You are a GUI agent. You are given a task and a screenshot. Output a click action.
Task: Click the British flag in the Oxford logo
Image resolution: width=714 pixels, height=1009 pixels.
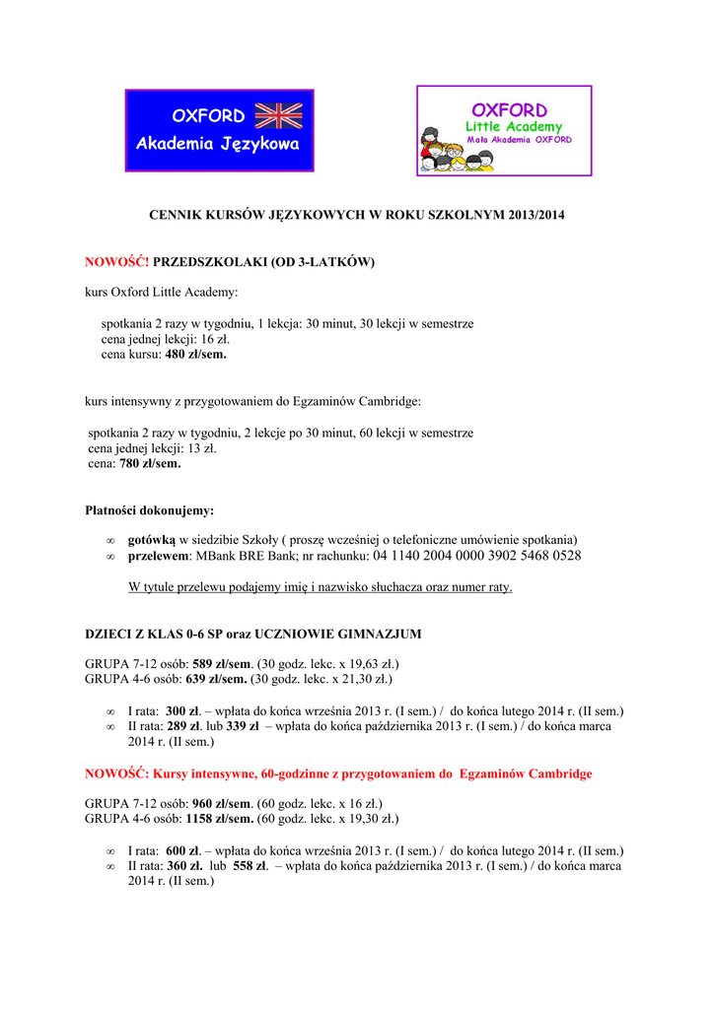tap(278, 115)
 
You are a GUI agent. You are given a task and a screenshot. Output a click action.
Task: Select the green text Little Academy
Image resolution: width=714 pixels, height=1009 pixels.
tap(514, 126)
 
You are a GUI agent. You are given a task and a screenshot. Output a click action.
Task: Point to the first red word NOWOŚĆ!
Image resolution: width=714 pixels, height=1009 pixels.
tap(116, 262)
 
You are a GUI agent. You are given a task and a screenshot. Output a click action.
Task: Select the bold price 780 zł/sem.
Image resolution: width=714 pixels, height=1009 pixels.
tap(150, 462)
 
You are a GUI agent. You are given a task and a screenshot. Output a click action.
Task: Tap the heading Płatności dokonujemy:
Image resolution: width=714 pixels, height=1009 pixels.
tap(150, 510)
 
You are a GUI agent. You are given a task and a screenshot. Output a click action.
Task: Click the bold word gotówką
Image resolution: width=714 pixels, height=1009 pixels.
tap(152, 540)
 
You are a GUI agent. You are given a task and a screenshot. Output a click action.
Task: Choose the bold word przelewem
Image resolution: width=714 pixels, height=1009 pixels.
tap(159, 556)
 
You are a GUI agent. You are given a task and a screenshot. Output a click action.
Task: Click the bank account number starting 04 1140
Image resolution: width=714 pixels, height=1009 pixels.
tap(477, 556)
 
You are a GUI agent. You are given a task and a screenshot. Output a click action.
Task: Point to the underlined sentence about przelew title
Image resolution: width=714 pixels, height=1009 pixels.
tap(321, 587)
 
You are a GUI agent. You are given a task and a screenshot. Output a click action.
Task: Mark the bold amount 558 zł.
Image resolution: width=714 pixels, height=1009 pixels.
tap(247, 866)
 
